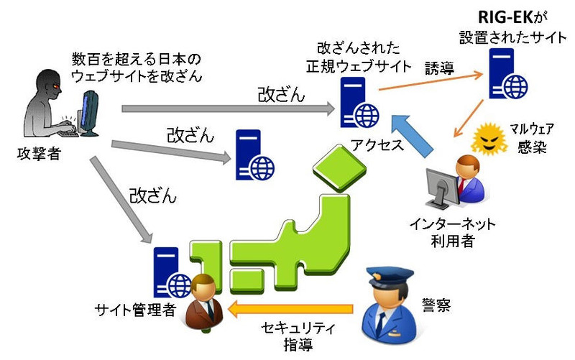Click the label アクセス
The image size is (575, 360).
click(375, 142)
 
